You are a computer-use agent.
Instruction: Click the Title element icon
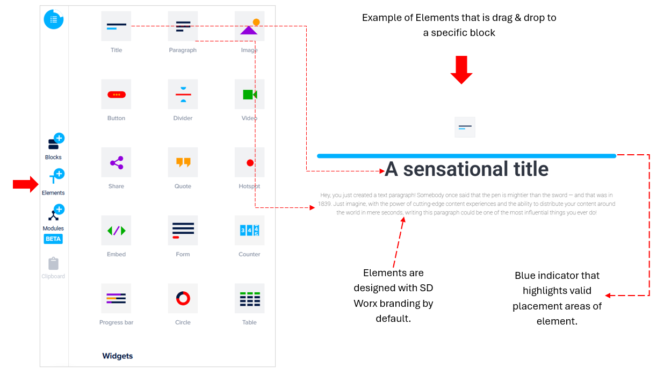coord(116,26)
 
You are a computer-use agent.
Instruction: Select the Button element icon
coord(116,95)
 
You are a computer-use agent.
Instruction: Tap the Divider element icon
coord(183,95)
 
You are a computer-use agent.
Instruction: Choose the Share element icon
coord(116,162)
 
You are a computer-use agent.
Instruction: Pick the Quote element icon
coord(183,162)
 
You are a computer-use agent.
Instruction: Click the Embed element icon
coord(116,231)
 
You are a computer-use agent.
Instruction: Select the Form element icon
coord(183,231)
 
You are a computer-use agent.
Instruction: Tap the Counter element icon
coord(249,231)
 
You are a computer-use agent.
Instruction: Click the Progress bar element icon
coord(116,298)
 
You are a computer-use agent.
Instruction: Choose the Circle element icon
coord(183,298)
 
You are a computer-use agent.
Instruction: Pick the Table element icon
coord(249,298)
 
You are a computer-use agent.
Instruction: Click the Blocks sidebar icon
coord(56,141)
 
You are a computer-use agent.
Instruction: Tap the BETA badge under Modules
coord(53,239)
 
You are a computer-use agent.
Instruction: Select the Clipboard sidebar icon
coord(53,263)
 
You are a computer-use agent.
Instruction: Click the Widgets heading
coord(118,356)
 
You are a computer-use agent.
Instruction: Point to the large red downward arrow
coord(461,70)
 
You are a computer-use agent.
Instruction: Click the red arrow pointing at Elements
coord(25,184)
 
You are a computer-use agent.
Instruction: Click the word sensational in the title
coord(456,169)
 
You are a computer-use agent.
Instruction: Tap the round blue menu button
coord(54,19)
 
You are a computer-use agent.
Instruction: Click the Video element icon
coord(249,95)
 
